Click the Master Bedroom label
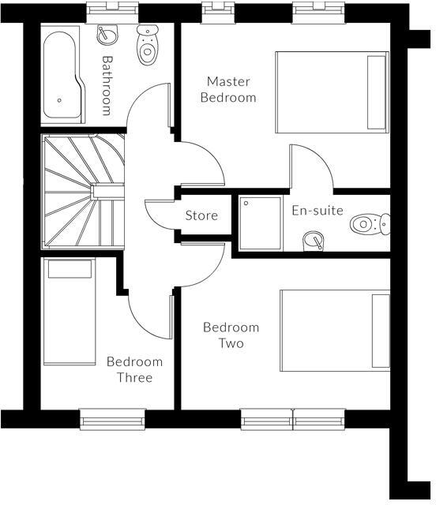(228, 89)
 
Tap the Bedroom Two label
(231, 335)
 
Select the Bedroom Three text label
(134, 369)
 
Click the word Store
(201, 215)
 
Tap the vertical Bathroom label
(107, 84)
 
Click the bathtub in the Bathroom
(62, 75)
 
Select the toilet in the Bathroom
(147, 46)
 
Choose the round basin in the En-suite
(314, 241)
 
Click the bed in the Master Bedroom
(332, 92)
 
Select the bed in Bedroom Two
(335, 330)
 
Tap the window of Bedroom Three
(112, 419)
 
